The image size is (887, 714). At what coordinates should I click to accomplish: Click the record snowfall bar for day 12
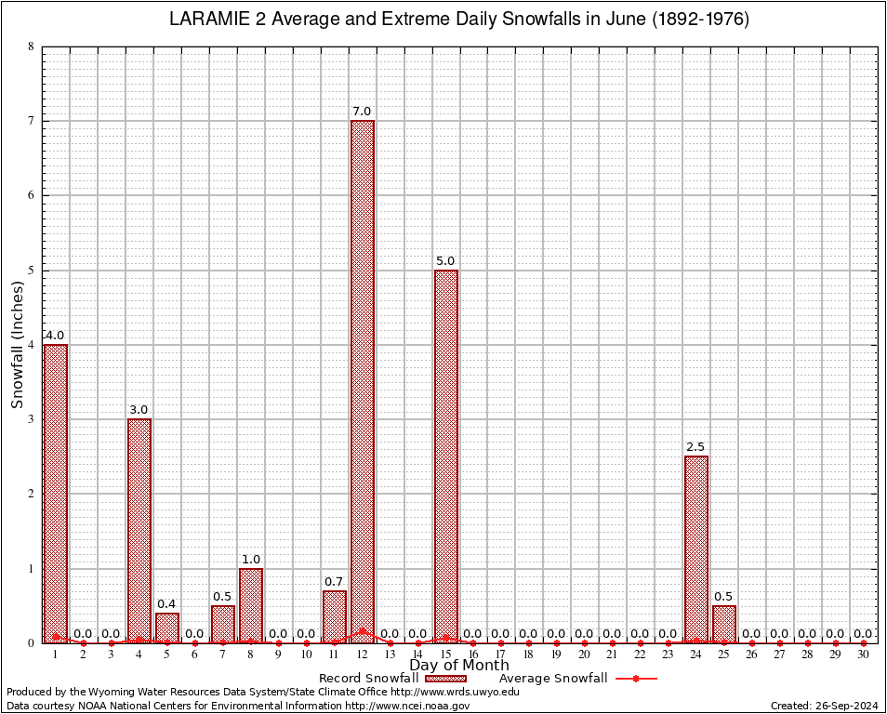point(362,381)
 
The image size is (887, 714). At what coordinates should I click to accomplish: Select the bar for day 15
point(445,456)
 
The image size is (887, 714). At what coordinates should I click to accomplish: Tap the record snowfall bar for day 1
point(56,493)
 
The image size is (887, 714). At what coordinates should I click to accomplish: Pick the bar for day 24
point(696,549)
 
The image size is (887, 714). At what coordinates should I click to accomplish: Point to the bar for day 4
point(139,530)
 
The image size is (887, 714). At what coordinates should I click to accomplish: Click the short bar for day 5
point(167,628)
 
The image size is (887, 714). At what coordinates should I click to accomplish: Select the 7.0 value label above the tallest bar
point(362,112)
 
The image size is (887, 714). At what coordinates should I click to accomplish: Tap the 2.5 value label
point(696,447)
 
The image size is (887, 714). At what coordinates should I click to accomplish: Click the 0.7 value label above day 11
point(335,582)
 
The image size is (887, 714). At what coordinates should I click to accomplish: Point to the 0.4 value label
point(167,604)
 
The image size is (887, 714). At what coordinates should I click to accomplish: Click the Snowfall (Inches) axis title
point(18,345)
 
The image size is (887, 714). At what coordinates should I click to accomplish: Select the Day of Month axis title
point(459,666)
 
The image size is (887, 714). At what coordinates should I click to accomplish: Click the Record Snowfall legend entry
point(368,679)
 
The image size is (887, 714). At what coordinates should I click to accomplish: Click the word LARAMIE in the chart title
point(209,20)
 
